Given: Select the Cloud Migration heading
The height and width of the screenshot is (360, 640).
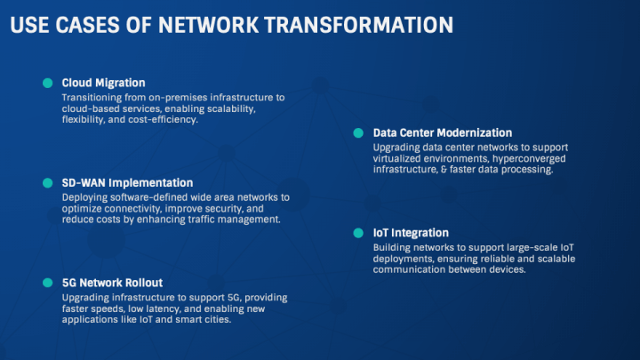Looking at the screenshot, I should click(x=103, y=83).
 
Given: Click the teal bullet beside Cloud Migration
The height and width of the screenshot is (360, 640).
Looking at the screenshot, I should click(x=47, y=83).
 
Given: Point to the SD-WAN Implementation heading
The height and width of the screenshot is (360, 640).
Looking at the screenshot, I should click(x=127, y=182).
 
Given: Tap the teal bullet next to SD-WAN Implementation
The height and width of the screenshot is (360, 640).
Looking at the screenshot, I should click(x=47, y=182).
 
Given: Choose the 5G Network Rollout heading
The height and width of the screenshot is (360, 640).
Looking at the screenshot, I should click(x=112, y=282).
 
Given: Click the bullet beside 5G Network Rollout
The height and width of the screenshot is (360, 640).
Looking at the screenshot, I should click(x=47, y=282).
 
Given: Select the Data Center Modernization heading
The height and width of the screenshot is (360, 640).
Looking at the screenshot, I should click(x=443, y=132).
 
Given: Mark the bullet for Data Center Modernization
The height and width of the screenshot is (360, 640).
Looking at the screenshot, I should click(x=358, y=132).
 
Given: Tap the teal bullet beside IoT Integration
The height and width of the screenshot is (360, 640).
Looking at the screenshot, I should click(x=358, y=232).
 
